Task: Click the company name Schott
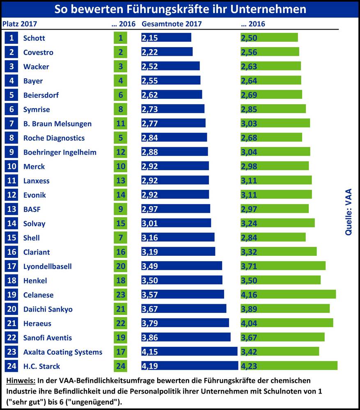(x=34, y=38)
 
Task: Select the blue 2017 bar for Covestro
(x=167, y=52)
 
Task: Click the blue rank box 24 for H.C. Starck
(x=11, y=366)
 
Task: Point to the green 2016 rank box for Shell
(x=120, y=238)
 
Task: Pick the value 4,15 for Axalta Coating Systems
(x=150, y=352)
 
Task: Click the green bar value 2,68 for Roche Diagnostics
(x=249, y=138)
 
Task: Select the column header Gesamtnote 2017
(x=172, y=24)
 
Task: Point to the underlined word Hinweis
(x=21, y=381)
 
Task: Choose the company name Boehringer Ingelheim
(x=60, y=152)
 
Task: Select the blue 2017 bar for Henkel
(x=182, y=280)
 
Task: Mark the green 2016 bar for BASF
(x=275, y=209)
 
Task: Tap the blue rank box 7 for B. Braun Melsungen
(x=11, y=123)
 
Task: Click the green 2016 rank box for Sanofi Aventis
(x=120, y=337)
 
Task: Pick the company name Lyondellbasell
(x=48, y=266)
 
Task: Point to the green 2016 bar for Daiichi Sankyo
(x=285, y=309)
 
